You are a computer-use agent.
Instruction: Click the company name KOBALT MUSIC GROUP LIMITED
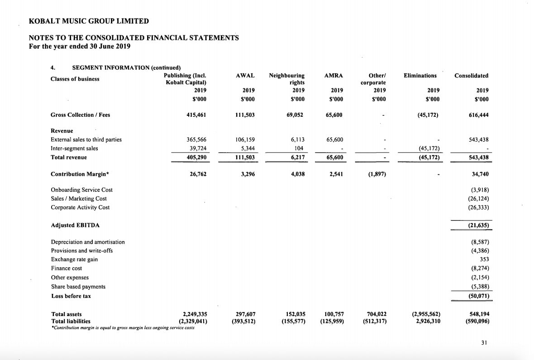tap(88, 21)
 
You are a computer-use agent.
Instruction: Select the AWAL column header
tap(245, 76)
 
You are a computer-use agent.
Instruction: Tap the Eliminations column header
tap(420, 76)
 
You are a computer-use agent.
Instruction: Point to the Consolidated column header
tap(471, 76)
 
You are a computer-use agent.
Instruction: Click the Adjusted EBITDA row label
tap(75, 225)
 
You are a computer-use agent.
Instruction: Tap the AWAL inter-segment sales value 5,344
tap(248, 149)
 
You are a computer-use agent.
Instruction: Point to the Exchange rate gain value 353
tap(484, 259)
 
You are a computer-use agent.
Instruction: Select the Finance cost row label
tap(67, 269)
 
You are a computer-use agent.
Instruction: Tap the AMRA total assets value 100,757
tap(334, 314)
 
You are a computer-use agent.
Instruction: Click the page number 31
tap(484, 343)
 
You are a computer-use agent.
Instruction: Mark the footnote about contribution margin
tap(123, 327)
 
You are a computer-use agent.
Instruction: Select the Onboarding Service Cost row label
tap(81, 190)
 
